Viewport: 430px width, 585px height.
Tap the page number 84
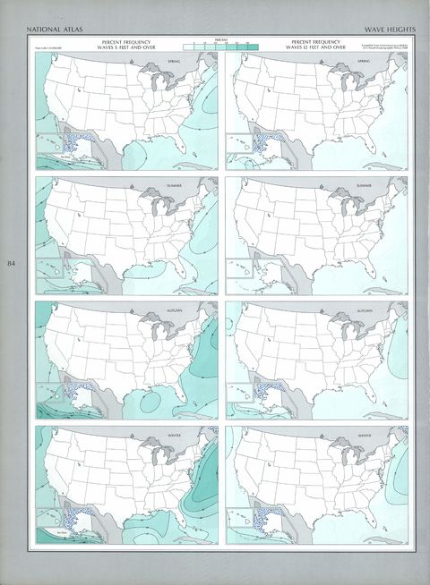(12, 264)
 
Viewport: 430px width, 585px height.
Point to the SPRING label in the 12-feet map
(364, 61)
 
